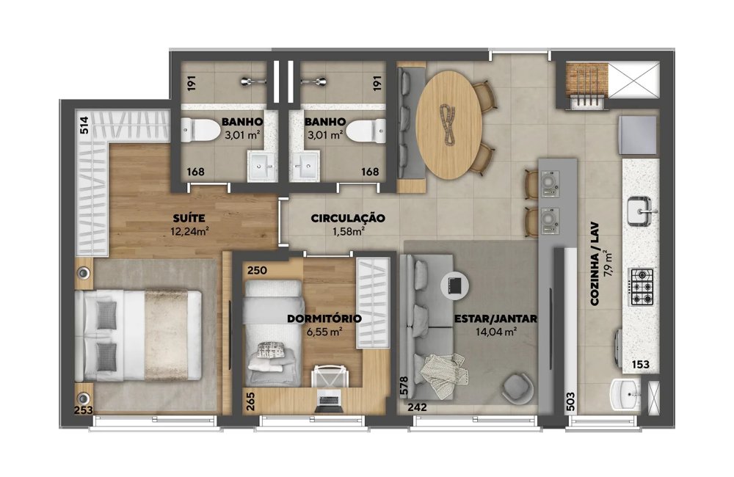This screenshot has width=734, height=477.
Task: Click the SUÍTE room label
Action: pyautogui.click(x=189, y=218)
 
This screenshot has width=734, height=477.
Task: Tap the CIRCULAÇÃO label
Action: pyautogui.click(x=348, y=218)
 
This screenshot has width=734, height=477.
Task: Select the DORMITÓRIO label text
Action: pyautogui.click(x=324, y=318)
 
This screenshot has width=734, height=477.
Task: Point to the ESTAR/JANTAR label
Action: pyautogui.click(x=495, y=318)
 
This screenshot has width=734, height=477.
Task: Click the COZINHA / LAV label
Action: pyautogui.click(x=595, y=264)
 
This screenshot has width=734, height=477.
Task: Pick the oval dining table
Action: pyautogui.click(x=449, y=125)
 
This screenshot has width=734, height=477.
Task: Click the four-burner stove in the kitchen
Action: pyautogui.click(x=641, y=286)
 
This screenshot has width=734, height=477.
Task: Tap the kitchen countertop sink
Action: pyautogui.click(x=640, y=211)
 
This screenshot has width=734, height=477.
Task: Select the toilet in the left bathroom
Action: pyautogui.click(x=200, y=131)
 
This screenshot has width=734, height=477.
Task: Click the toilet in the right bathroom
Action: pyautogui.click(x=366, y=131)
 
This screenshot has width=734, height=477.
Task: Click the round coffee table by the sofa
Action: pyautogui.click(x=455, y=285)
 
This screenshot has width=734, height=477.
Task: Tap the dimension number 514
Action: pyautogui.click(x=84, y=125)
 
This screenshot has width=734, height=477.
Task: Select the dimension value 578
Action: pyautogui.click(x=404, y=386)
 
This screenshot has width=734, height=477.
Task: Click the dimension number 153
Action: pyautogui.click(x=640, y=364)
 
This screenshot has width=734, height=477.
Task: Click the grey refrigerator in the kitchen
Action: pyautogui.click(x=638, y=135)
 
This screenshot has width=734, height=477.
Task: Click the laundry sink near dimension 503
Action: pyautogui.click(x=625, y=395)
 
